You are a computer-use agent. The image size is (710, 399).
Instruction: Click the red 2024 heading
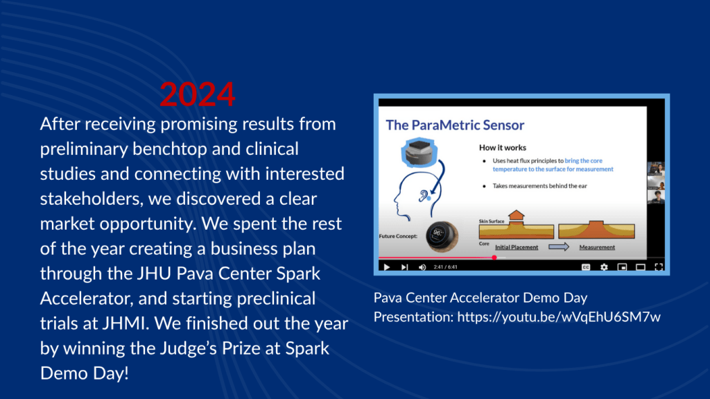pyautogui.click(x=198, y=94)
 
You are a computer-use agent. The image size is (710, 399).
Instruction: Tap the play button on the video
pyautogui.click(x=387, y=267)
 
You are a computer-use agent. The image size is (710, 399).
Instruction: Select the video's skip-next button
pyautogui.click(x=404, y=267)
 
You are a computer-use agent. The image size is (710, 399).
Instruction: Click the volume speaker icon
pyautogui.click(x=422, y=267)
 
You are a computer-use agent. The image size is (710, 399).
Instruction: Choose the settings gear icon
pyautogui.click(x=604, y=267)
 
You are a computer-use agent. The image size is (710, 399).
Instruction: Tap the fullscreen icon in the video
pyautogui.click(x=659, y=267)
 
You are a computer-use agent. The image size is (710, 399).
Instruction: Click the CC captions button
pyautogui.click(x=586, y=267)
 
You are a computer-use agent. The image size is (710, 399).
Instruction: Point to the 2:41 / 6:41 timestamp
pyautogui.click(x=446, y=267)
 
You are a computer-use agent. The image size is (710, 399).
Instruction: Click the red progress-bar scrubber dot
pyautogui.click(x=494, y=257)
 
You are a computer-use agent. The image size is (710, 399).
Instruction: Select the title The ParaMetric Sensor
pyautogui.click(x=455, y=125)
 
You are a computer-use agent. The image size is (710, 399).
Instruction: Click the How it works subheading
pyautogui.click(x=503, y=147)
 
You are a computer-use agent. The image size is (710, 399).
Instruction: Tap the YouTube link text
pyautogui.click(x=559, y=316)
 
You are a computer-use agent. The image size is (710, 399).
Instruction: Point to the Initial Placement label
pyautogui.click(x=517, y=247)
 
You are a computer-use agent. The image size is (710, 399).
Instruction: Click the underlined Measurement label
pyautogui.click(x=597, y=247)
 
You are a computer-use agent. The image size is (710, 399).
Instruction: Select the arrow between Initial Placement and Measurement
pyautogui.click(x=559, y=247)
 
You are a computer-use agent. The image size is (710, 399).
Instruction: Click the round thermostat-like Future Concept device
pyautogui.click(x=442, y=236)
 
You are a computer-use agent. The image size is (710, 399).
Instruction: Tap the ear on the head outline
pyautogui.click(x=424, y=196)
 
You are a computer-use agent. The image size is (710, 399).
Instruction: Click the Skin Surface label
pyautogui.click(x=492, y=221)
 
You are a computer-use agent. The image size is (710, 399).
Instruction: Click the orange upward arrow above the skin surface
pyautogui.click(x=516, y=217)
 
